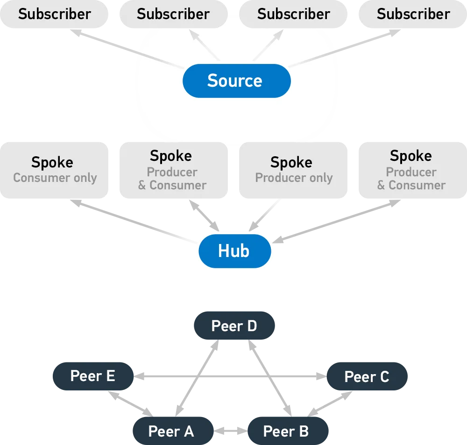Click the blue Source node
pos(236,81)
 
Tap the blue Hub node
pos(234,251)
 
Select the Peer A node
pos(171,431)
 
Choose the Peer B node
pos(286,431)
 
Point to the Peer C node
pos(367,377)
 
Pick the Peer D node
pos(234,326)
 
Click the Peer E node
pos(92,376)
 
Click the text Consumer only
pos(55,178)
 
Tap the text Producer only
pos(294,178)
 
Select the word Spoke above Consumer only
pos(52,163)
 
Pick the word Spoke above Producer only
pos(291,163)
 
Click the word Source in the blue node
pos(235,81)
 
